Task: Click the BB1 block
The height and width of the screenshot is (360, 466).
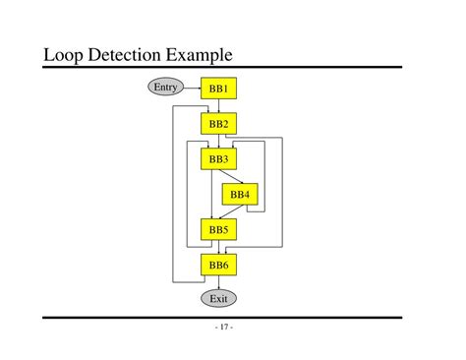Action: [x=218, y=89]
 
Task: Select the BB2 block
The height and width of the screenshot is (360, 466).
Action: [x=218, y=124]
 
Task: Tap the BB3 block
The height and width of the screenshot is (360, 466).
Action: [x=218, y=158]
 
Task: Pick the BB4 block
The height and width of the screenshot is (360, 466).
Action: [x=240, y=195]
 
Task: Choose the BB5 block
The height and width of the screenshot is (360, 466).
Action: [x=218, y=230]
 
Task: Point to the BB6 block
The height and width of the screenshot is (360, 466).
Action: [x=218, y=265]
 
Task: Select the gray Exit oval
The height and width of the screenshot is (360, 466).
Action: [x=218, y=297]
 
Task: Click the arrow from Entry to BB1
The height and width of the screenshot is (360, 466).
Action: [x=193, y=89]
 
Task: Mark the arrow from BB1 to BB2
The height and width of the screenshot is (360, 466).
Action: [x=218, y=106]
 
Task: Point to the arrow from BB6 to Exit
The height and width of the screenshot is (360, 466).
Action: [x=218, y=281]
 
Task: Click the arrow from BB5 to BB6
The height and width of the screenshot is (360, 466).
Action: [x=218, y=247]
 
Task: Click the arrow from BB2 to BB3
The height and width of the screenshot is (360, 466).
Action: [x=218, y=141]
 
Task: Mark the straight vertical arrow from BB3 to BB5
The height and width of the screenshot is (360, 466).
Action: [x=209, y=195]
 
